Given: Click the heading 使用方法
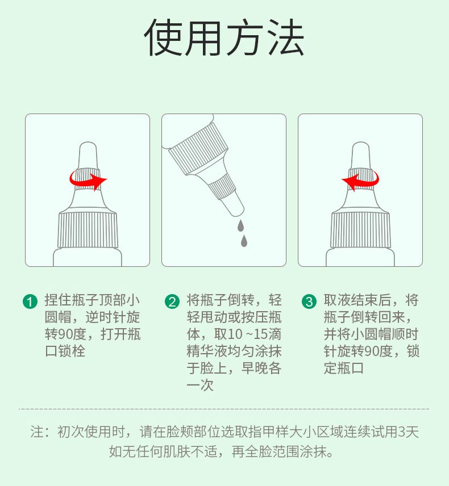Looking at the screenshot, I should click(224, 37).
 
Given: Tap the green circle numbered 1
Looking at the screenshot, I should click(30, 301).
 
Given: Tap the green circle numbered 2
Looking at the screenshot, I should click(172, 301).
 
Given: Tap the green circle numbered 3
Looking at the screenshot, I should click(309, 301).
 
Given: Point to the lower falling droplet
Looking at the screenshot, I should click(244, 241).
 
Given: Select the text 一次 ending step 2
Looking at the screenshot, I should click(200, 385).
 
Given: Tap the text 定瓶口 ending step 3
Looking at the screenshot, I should click(343, 368).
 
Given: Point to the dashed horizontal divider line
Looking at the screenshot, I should click(224, 408).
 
